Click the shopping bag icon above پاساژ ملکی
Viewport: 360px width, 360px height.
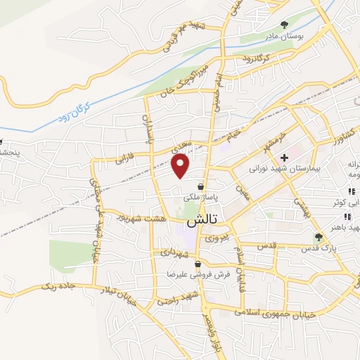coord(202,187)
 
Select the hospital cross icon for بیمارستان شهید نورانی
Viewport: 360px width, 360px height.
coord(284,157)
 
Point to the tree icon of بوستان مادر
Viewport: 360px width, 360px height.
coord(284,25)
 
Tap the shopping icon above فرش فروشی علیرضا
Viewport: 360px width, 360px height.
coord(198,264)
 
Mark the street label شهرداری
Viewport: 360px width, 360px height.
coord(173,251)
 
